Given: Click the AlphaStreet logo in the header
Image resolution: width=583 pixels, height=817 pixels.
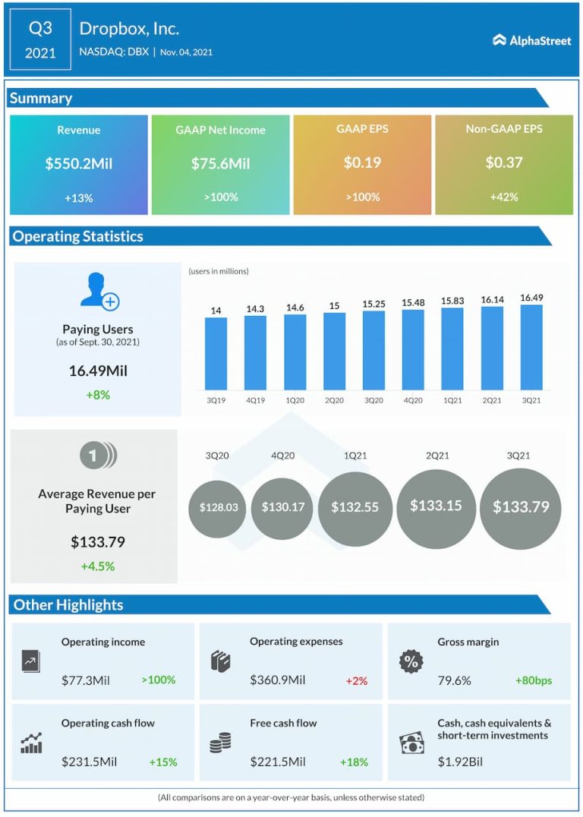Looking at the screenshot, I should point(531,40).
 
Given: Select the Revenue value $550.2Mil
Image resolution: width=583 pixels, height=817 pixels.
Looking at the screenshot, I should point(79,162).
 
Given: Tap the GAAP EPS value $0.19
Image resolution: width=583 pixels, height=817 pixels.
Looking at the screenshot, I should point(362,162).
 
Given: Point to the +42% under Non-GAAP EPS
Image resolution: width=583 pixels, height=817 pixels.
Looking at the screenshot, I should point(504,197).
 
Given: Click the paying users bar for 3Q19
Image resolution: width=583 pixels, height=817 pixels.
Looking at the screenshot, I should point(216,354).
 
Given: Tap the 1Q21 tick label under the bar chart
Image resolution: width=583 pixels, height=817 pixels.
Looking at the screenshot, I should point(452,399).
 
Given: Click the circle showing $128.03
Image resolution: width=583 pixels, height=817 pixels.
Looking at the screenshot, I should point(218,506).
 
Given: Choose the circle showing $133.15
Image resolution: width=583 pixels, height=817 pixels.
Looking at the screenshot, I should point(436,505).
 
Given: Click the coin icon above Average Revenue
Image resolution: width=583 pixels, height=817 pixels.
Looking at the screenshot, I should point(99,456).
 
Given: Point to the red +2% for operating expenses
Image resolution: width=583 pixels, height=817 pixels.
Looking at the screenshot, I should point(356,681).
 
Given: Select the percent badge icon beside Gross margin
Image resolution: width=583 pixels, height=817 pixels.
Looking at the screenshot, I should point(411,661).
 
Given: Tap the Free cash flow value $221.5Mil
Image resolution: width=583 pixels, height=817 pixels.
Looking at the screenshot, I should point(278,762).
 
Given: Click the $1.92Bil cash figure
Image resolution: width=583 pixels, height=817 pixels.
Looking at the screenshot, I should point(460,762).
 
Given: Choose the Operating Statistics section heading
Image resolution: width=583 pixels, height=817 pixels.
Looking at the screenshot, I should point(77,236).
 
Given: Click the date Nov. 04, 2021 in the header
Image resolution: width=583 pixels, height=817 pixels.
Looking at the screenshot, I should point(187,52).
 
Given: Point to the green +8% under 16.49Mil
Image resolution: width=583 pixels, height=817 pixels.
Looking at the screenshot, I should point(98,395).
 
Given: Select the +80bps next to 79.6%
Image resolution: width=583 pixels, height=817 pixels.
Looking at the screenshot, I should point(534,680).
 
